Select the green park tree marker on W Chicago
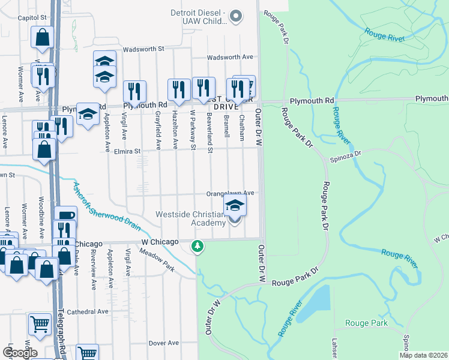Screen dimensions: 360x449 [197, 246]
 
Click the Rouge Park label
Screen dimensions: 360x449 [366, 323]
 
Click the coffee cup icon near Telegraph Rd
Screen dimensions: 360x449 [65, 216]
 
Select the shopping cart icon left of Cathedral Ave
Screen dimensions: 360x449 [40, 323]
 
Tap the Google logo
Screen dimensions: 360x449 [20, 353]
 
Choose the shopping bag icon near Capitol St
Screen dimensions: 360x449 [43, 37]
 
